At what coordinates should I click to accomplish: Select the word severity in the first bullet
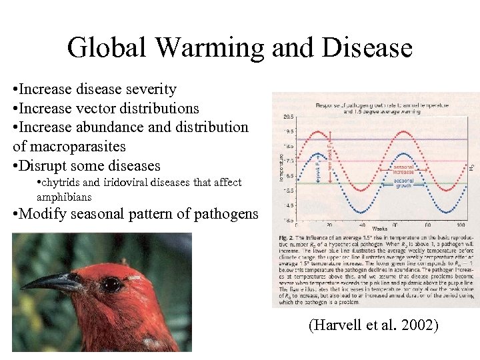(151, 89)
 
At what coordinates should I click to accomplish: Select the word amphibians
(65, 197)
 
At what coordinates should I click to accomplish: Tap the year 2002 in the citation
(421, 326)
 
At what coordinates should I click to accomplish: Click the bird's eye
(111, 285)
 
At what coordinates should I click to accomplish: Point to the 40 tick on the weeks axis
(361, 224)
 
